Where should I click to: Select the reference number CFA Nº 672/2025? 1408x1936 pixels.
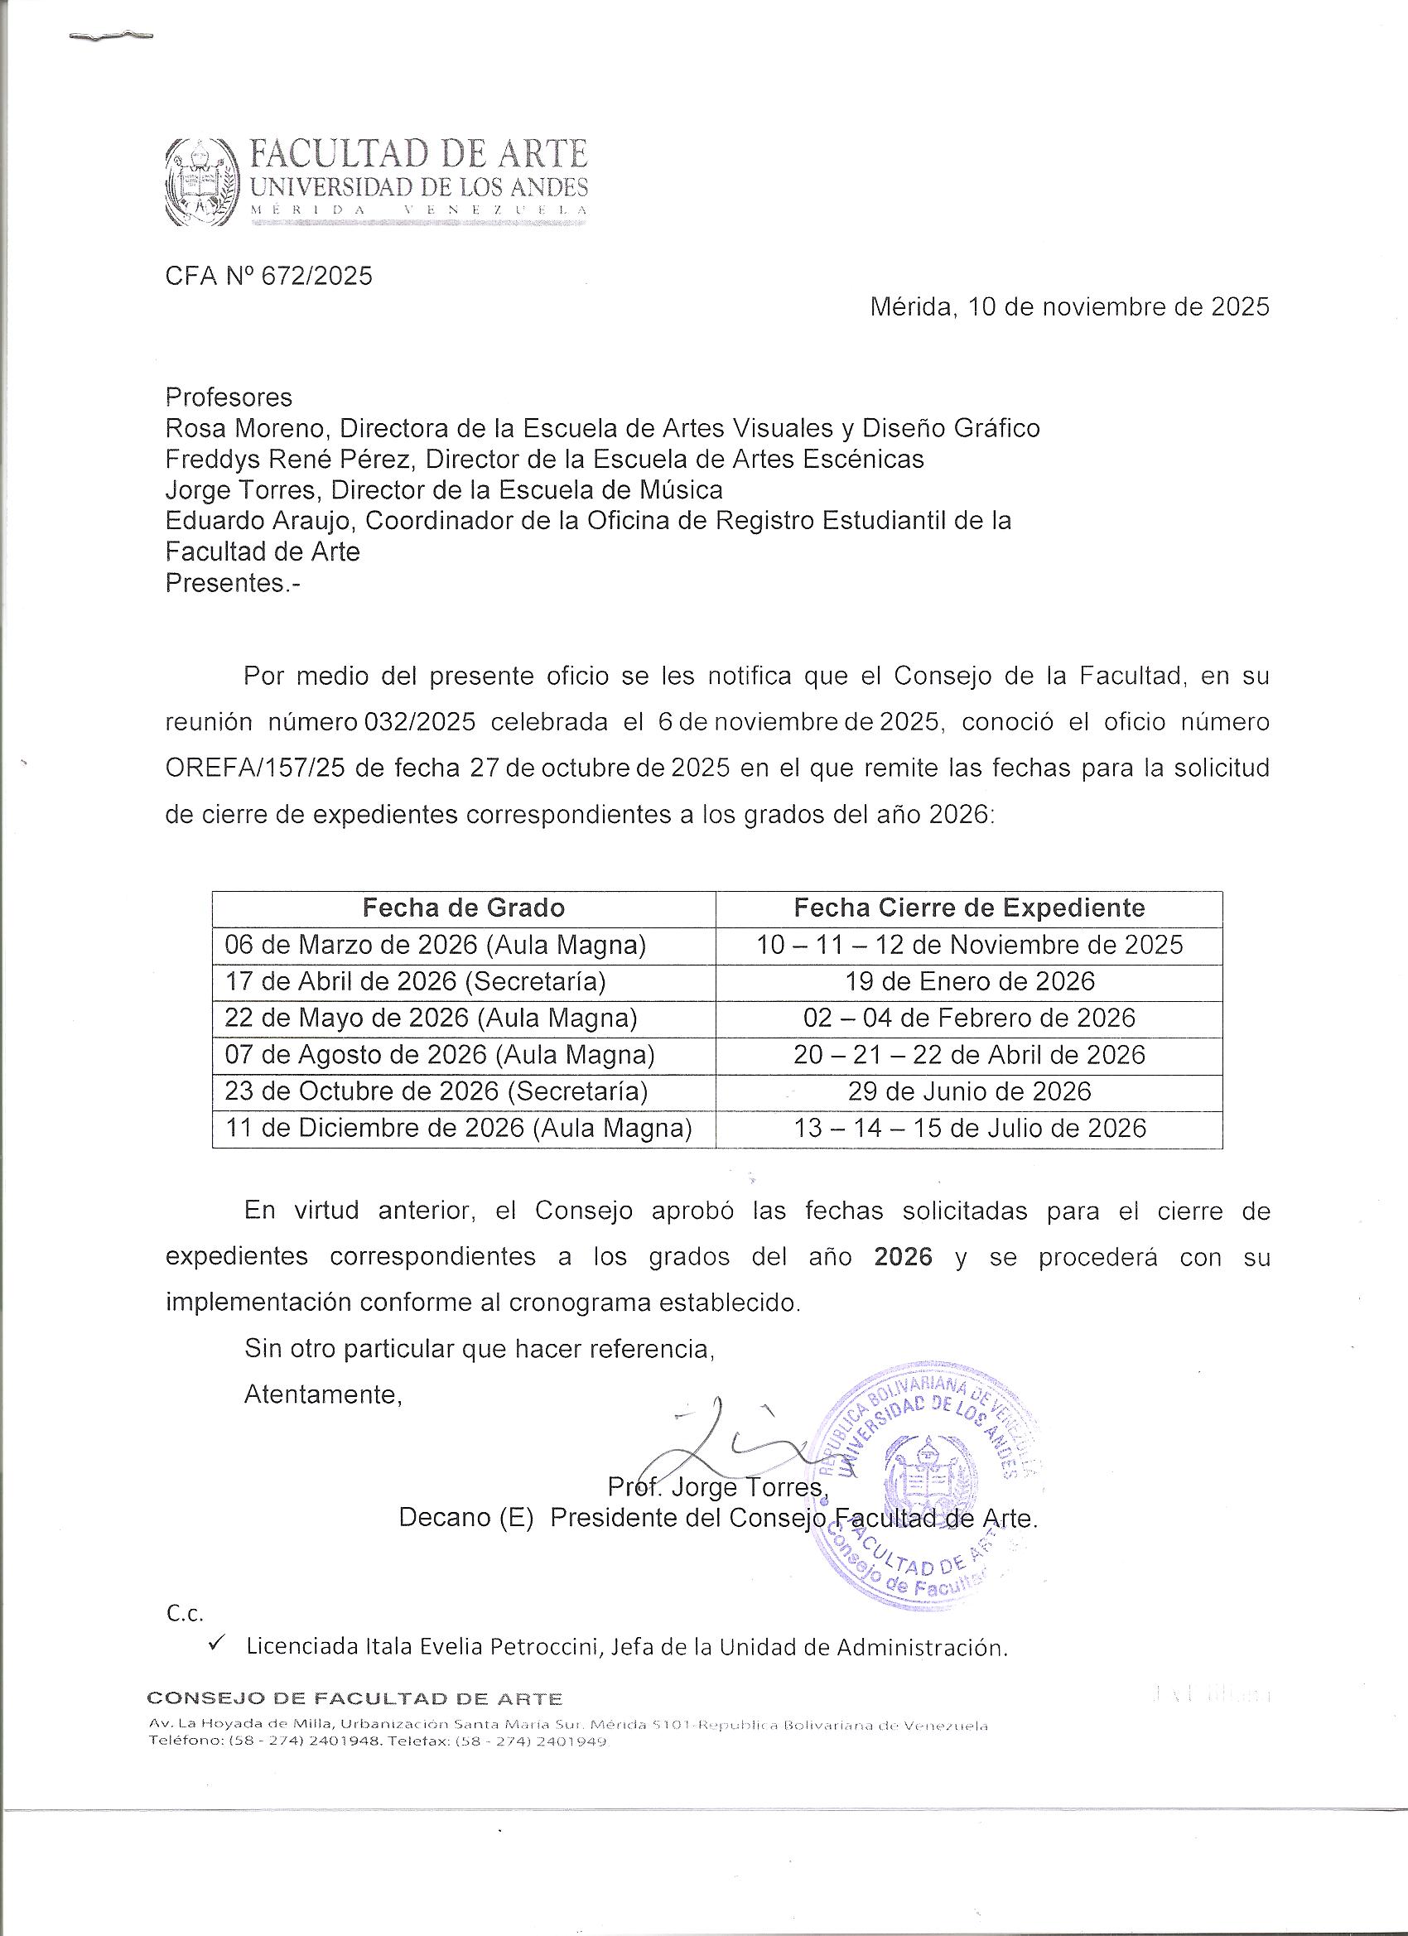click(x=269, y=276)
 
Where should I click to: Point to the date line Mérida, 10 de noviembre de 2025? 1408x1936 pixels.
click(x=1069, y=307)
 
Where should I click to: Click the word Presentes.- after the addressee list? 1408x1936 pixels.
click(x=233, y=583)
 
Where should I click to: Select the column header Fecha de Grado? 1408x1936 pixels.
click(x=464, y=908)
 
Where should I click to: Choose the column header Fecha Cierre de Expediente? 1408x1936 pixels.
click(x=969, y=908)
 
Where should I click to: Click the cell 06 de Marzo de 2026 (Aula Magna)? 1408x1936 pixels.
click(x=436, y=945)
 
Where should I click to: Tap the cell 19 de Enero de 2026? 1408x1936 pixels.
click(x=970, y=981)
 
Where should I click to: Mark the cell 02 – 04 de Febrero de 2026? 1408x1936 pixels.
click(x=969, y=1019)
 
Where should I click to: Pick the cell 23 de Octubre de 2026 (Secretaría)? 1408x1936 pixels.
click(x=436, y=1091)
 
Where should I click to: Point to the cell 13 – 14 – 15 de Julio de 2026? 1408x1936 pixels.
click(x=970, y=1129)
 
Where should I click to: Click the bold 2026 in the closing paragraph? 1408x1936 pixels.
click(x=904, y=1257)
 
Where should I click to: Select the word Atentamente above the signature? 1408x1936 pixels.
click(x=323, y=1394)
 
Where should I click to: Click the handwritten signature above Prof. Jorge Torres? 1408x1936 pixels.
click(x=726, y=1442)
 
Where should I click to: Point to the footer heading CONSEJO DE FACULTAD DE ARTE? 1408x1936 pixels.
click(x=355, y=1698)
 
